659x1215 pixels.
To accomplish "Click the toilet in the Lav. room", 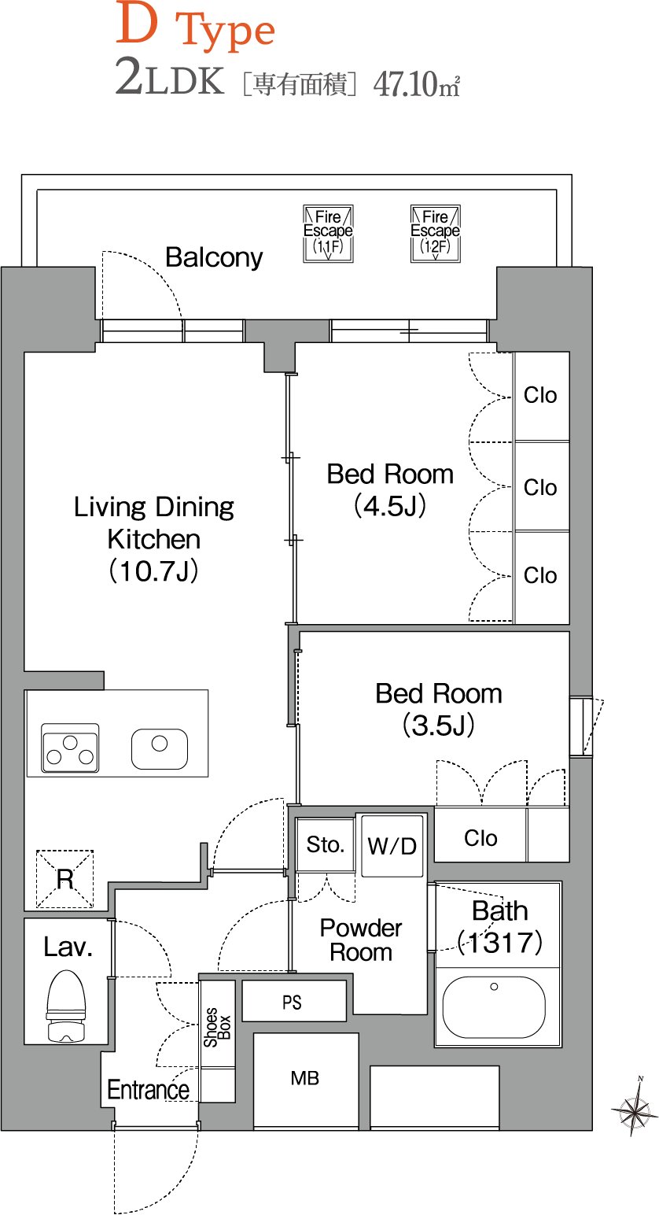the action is point(66,1006).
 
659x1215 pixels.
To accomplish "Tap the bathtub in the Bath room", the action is point(494,1007).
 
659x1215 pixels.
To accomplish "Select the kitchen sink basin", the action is point(160,749).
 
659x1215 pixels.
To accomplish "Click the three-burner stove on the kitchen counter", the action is point(70,748).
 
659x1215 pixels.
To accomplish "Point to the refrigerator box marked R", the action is point(64,878).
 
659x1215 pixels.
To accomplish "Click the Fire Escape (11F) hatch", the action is point(328,234).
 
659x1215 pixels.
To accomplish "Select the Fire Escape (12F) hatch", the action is point(435,234).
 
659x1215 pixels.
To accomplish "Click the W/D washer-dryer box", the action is point(392,846).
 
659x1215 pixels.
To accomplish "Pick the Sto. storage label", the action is point(325,844).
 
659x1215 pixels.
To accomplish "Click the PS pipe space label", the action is point(292,1003).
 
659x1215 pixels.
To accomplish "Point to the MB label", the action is point(304,1078).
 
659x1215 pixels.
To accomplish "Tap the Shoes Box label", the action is point(217,1027).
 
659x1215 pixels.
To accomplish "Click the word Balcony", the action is point(214,257).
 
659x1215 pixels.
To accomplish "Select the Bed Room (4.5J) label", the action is point(390,489).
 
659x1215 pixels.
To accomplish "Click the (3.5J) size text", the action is point(439,726).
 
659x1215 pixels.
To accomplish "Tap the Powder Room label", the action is point(361,940).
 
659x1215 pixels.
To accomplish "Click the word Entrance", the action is point(148,1090).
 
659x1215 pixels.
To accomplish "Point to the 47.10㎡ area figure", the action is point(417,85).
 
